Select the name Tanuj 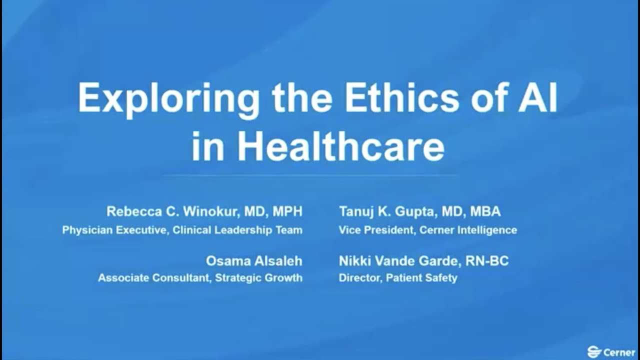point(357,211)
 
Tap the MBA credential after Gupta point(485,211)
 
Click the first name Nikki point(354,261)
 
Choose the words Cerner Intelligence point(468,230)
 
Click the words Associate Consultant point(153,277)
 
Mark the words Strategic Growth point(258,277)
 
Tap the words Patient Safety point(421,277)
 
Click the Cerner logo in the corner point(611,352)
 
